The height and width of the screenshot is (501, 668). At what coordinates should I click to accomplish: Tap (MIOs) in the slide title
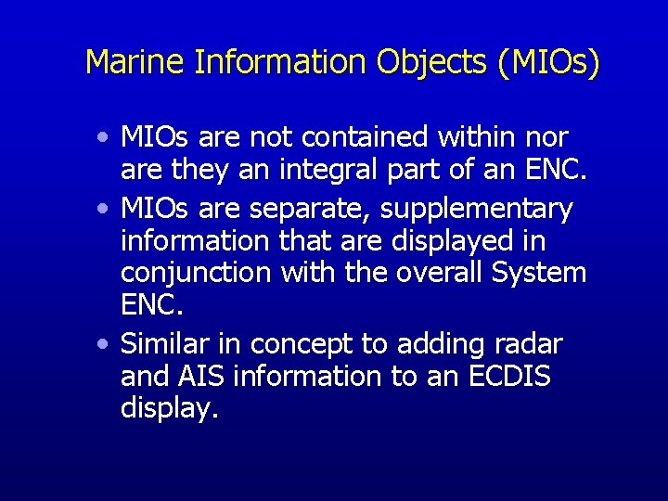(x=549, y=62)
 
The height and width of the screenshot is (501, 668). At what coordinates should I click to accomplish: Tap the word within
(x=479, y=137)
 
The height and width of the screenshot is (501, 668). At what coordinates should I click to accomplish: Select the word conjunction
(x=194, y=275)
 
